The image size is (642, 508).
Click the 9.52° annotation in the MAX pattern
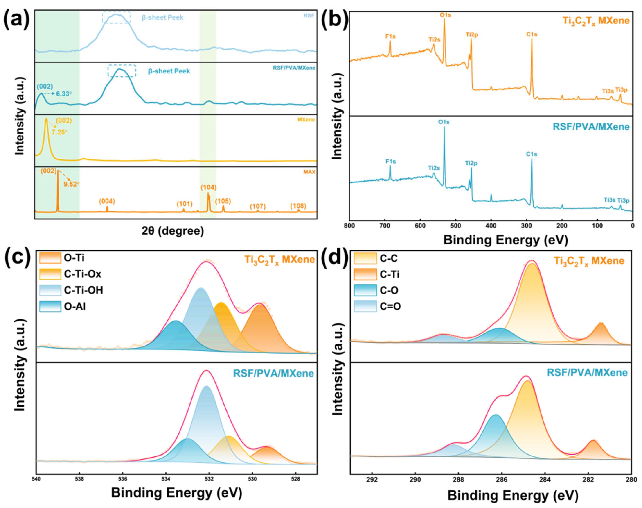point(71,184)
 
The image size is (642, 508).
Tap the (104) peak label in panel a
point(209,187)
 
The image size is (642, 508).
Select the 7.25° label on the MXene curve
point(59,132)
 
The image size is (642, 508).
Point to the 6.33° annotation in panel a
point(64,94)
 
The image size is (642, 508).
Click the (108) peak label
point(298,206)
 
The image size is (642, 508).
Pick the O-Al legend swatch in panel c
point(50,306)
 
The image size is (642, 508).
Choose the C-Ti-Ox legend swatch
point(50,274)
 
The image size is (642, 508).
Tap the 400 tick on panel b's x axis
point(491,226)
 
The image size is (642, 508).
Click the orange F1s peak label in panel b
point(390,36)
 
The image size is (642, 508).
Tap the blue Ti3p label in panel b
point(623,201)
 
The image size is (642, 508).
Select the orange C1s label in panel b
point(532,34)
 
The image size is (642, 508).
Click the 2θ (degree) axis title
point(173,231)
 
